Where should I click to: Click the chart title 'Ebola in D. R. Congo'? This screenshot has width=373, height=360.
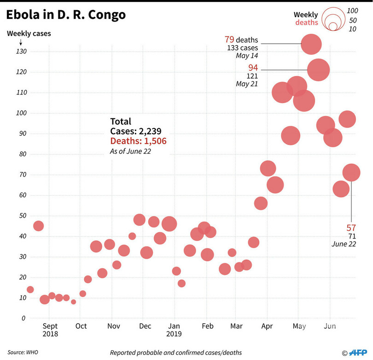coord(66,15)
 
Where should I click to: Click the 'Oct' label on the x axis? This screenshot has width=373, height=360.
coord(81,326)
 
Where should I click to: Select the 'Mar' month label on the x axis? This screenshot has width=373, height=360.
coord(236,326)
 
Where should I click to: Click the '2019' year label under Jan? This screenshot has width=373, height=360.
coord(174,334)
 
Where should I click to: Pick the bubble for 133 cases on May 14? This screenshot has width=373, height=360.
coord(311,44)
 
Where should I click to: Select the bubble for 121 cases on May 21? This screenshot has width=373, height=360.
coord(319,70)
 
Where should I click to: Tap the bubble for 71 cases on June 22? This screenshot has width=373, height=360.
coord(351,173)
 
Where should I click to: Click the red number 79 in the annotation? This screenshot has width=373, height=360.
coord(229,40)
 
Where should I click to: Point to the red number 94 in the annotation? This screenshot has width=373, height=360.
coord(253,68)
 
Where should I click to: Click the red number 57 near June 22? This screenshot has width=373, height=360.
coord(351,227)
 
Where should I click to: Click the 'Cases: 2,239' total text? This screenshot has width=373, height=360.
coord(135,131)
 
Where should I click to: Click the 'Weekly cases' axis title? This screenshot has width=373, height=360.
coord(29,33)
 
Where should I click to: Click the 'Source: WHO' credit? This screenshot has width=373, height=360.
coord(22,352)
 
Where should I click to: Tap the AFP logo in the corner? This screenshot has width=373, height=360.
coord(357,352)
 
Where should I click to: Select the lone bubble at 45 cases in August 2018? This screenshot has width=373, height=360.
coord(39,226)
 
